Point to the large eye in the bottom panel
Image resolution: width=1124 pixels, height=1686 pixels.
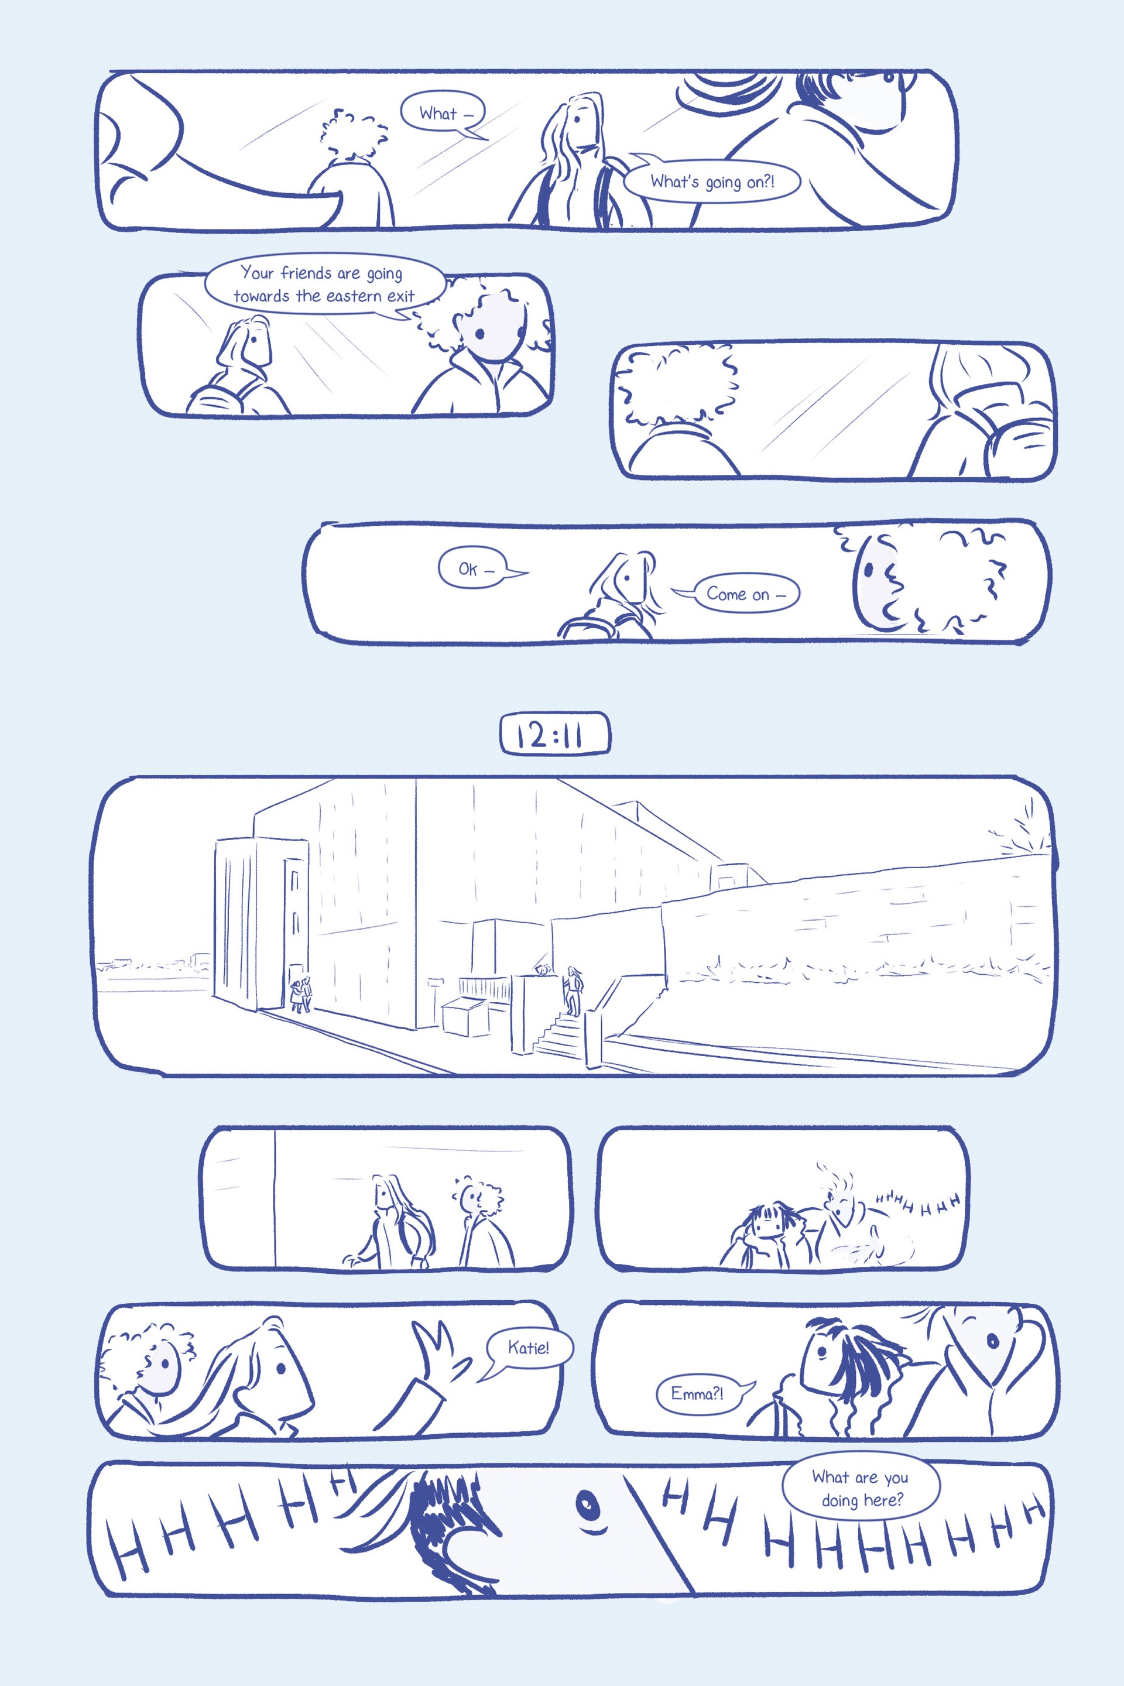coord(587,1501)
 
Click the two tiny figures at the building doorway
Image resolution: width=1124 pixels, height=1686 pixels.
coord(301,995)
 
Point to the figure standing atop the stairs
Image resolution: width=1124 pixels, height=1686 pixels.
coord(573,990)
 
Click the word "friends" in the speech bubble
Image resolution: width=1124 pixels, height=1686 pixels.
coord(306,272)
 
